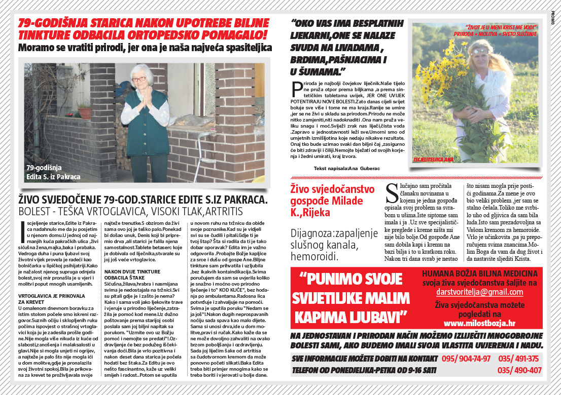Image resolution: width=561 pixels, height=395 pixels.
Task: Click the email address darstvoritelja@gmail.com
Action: click(479, 292)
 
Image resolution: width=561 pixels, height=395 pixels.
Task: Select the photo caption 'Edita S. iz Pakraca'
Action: click(53, 177)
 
